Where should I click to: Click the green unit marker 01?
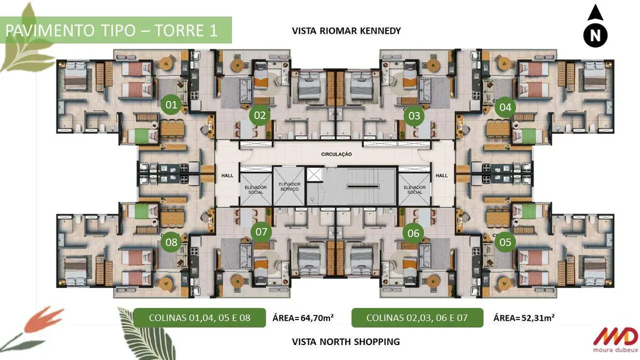tap(171, 104)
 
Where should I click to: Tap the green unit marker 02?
tap(260, 116)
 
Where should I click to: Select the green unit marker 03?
tap(413, 116)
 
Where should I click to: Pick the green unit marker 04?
tap(504, 107)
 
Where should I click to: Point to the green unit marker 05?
tap(504, 242)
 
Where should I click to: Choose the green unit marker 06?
tap(413, 233)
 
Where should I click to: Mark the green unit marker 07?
tap(261, 232)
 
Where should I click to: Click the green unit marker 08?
tap(171, 242)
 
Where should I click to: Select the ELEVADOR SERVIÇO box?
tap(289, 187)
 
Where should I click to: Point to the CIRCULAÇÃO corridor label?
tap(336, 154)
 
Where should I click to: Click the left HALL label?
tap(226, 176)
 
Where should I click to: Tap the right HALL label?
tap(441, 176)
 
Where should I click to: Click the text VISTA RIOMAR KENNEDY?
tap(346, 31)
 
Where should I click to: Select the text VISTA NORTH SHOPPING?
tap(345, 342)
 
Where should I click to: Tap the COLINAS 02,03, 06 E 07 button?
tap(417, 318)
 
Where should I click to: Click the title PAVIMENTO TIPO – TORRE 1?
tap(111, 30)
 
